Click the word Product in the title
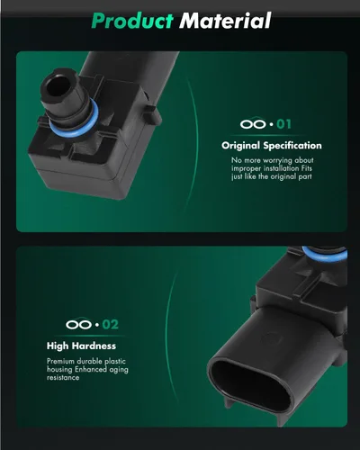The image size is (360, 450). [x=132, y=21]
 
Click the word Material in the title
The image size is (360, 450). [x=225, y=21]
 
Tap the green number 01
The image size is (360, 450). [x=283, y=124]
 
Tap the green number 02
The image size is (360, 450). [x=110, y=325]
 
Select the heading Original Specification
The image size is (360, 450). [x=272, y=146]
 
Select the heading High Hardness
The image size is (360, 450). [x=81, y=346]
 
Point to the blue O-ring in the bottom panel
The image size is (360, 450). [x=326, y=255]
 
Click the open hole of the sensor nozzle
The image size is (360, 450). [x=57, y=86]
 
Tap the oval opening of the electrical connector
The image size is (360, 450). [x=250, y=382]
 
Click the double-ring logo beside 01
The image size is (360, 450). [x=253, y=124]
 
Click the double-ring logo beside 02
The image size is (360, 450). [x=78, y=324]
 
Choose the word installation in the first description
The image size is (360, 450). [x=281, y=168]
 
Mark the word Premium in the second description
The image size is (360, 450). [x=60, y=361]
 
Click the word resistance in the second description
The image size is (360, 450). [x=63, y=377]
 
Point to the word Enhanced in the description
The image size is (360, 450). [x=91, y=369]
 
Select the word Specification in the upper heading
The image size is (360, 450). [x=292, y=146]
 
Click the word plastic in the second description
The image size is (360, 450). [x=115, y=362]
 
